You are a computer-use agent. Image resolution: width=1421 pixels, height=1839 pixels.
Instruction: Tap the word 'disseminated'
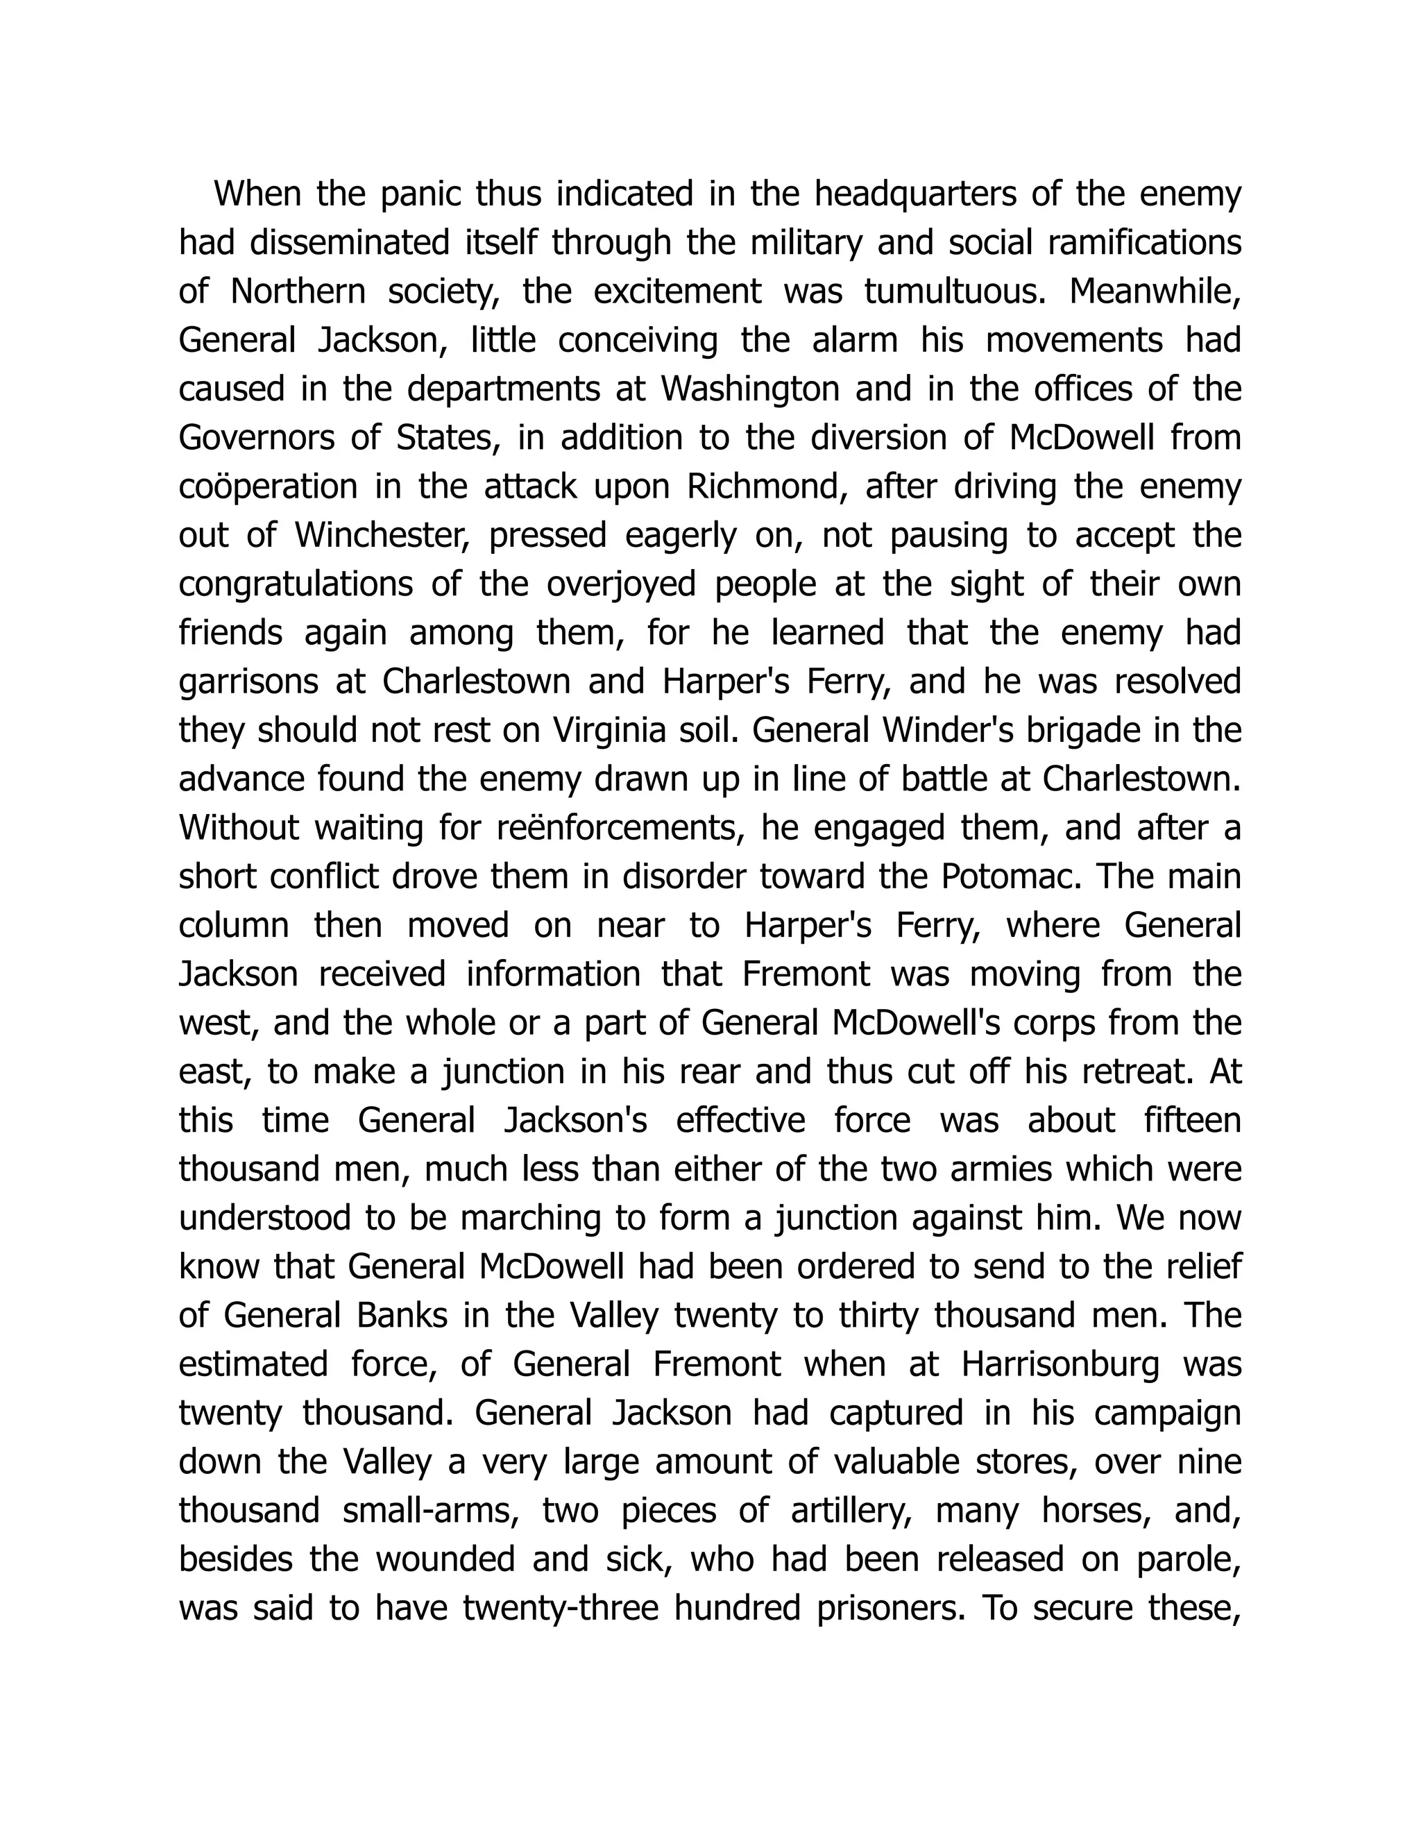coord(350,244)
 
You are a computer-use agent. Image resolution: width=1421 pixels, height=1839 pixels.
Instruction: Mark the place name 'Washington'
coord(750,390)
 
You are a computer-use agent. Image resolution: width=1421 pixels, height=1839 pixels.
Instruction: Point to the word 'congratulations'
coord(296,585)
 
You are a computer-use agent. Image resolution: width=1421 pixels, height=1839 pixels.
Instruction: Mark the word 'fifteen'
coord(1192,1121)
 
